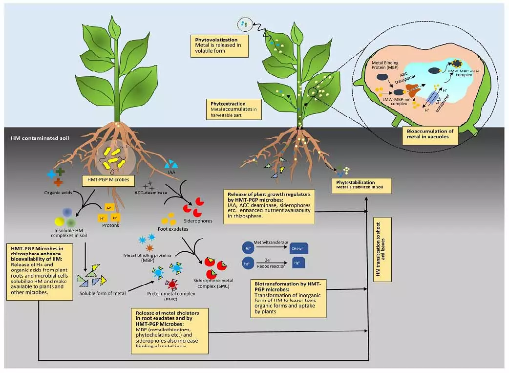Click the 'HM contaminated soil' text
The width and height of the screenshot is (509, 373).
coord(40,138)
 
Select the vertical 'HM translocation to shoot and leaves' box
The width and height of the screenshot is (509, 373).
coord(383,250)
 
